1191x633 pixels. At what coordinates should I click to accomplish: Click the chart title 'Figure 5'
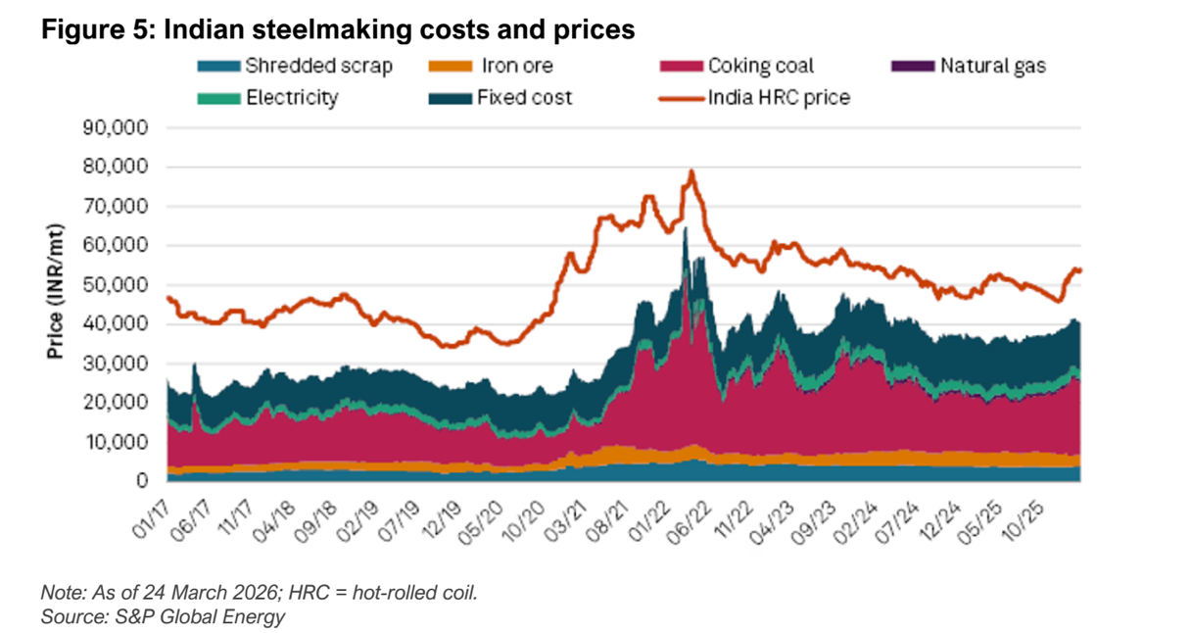[337, 30]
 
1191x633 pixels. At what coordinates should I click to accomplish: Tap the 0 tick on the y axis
[143, 481]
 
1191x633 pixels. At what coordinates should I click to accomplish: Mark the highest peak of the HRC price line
[691, 171]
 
